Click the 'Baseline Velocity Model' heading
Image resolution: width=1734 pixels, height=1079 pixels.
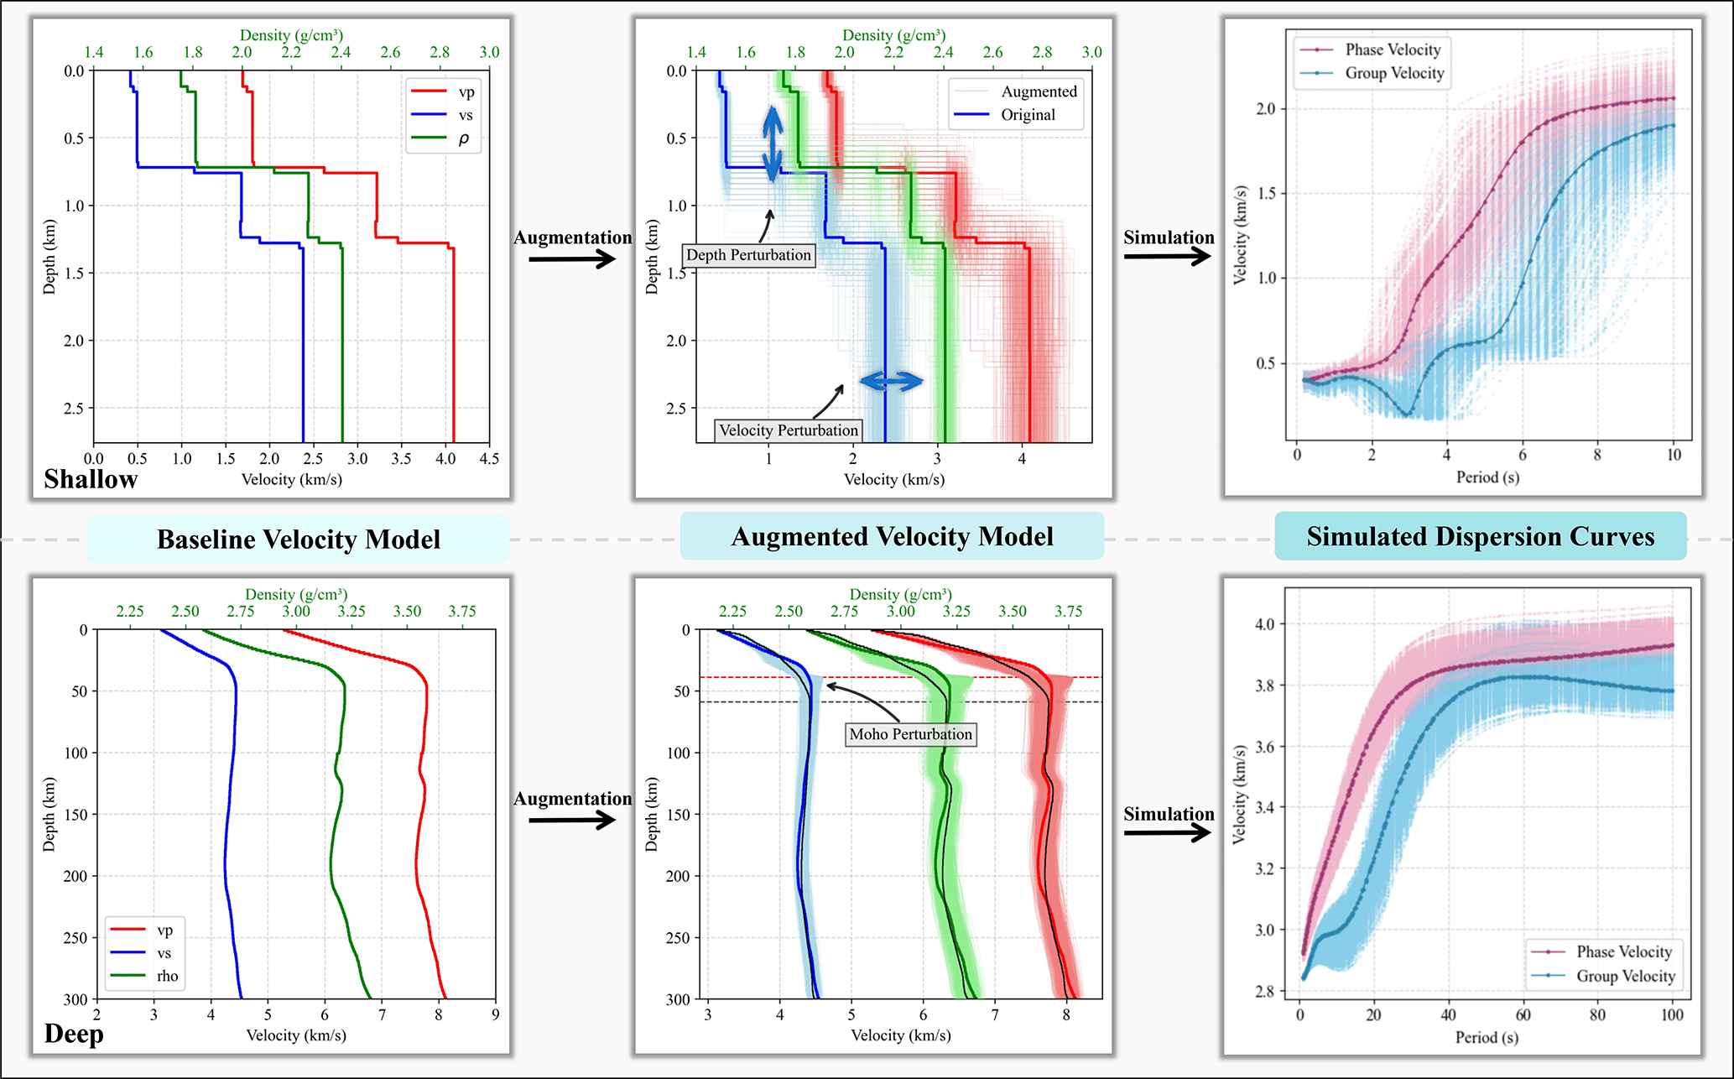tap(298, 539)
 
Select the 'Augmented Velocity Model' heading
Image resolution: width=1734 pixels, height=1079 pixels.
tap(892, 536)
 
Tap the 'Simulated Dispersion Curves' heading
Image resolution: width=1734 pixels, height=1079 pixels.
tap(1480, 536)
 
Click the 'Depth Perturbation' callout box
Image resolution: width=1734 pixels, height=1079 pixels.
tap(748, 255)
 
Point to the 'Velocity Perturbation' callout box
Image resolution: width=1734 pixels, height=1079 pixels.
tap(788, 430)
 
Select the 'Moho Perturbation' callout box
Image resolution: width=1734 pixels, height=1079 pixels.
tap(910, 734)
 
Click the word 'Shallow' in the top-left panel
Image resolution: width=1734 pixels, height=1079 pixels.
tap(91, 479)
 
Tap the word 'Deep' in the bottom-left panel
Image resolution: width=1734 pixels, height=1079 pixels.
tap(74, 1034)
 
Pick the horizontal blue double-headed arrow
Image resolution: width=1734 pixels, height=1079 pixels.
tap(891, 382)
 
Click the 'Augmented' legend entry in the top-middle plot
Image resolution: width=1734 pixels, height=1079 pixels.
tap(1039, 91)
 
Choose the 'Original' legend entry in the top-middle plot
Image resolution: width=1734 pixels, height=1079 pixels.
tap(1028, 115)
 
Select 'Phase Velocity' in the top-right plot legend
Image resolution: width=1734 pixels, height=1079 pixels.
tap(1393, 50)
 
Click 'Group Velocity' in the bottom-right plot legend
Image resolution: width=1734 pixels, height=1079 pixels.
tap(1625, 976)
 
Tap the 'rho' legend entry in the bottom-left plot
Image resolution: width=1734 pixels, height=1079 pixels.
tap(167, 976)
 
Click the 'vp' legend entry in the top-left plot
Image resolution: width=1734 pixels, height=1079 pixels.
tap(466, 92)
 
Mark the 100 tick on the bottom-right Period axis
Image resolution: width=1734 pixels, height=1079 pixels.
tap(1672, 1014)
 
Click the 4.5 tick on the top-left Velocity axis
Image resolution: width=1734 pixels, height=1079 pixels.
tap(489, 459)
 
